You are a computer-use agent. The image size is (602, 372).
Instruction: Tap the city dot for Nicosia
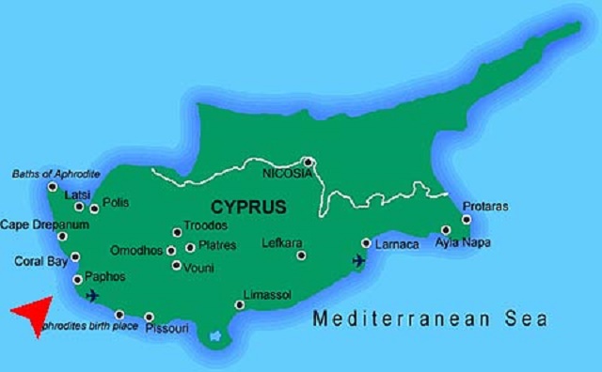coord(308,162)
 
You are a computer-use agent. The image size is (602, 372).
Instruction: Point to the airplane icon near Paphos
coord(91,296)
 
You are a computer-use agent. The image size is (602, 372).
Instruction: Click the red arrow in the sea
coord(32,315)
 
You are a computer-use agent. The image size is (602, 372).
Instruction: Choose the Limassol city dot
coord(240,304)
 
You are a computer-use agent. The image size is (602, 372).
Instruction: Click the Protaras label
coord(485,207)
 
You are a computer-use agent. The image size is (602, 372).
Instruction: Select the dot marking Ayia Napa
coord(446,229)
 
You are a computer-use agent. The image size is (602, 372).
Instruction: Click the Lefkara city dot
coord(301,255)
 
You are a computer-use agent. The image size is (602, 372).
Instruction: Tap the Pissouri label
coord(168,329)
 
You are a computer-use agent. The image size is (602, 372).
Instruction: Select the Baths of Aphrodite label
coord(55,174)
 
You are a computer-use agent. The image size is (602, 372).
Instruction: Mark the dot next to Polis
coord(94,208)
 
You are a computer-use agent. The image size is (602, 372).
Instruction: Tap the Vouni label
coord(199,267)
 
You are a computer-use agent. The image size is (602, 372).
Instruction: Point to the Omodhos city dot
coord(171,250)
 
